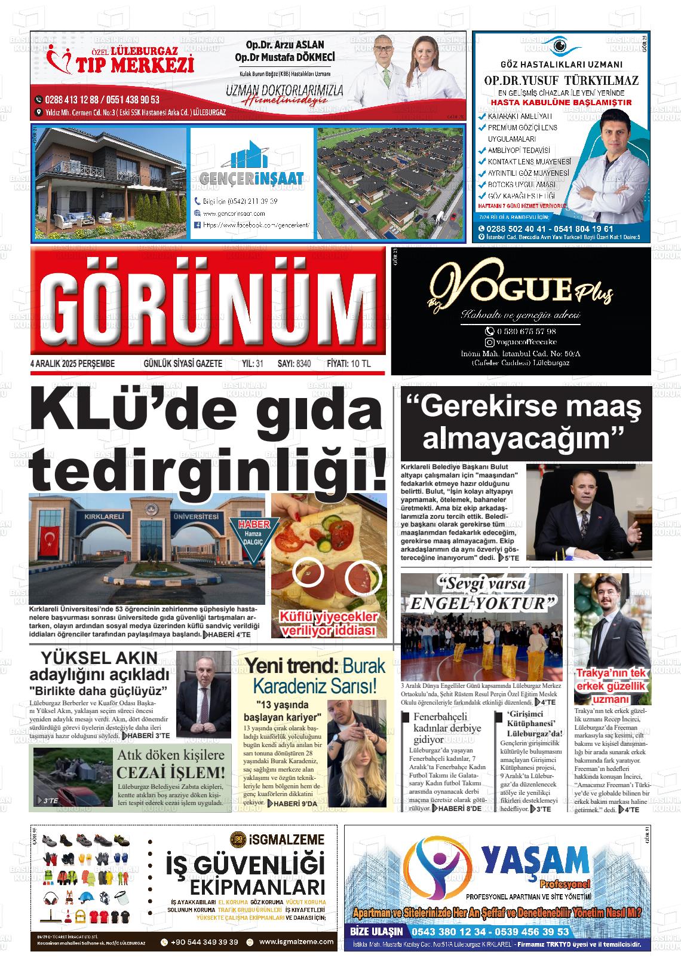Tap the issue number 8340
(x=303, y=363)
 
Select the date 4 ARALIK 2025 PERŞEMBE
(x=72, y=363)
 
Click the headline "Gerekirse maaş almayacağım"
(x=523, y=423)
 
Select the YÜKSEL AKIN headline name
(x=99, y=658)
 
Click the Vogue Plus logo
(x=521, y=292)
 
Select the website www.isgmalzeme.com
(x=296, y=942)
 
